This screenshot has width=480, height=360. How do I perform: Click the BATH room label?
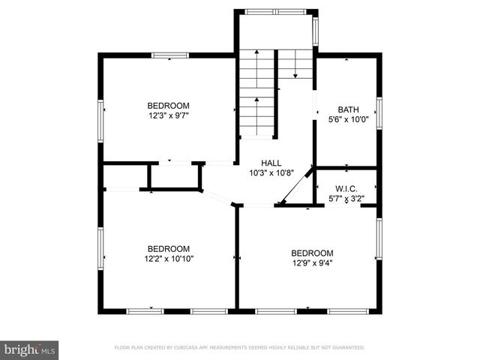tap(348, 109)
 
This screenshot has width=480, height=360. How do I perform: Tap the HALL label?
tap(271, 163)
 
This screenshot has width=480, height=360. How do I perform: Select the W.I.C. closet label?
tap(346, 189)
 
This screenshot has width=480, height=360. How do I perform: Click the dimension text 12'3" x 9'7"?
tap(168, 116)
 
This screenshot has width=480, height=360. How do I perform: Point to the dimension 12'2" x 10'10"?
tap(168, 259)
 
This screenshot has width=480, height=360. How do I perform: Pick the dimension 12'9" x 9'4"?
tap(312, 262)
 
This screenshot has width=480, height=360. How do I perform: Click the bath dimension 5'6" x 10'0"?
tap(348, 118)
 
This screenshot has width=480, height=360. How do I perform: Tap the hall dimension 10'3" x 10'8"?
tap(271, 172)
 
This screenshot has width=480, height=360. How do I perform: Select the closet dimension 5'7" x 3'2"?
tap(346, 199)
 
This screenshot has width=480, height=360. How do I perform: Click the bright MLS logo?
tap(30, 349)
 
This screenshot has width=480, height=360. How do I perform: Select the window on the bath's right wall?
tap(379, 112)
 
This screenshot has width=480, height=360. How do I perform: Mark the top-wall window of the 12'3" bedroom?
tap(169, 55)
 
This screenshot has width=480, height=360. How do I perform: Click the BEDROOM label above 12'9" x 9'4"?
tap(312, 253)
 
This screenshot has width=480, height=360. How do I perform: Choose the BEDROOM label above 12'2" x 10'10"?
tap(168, 248)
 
